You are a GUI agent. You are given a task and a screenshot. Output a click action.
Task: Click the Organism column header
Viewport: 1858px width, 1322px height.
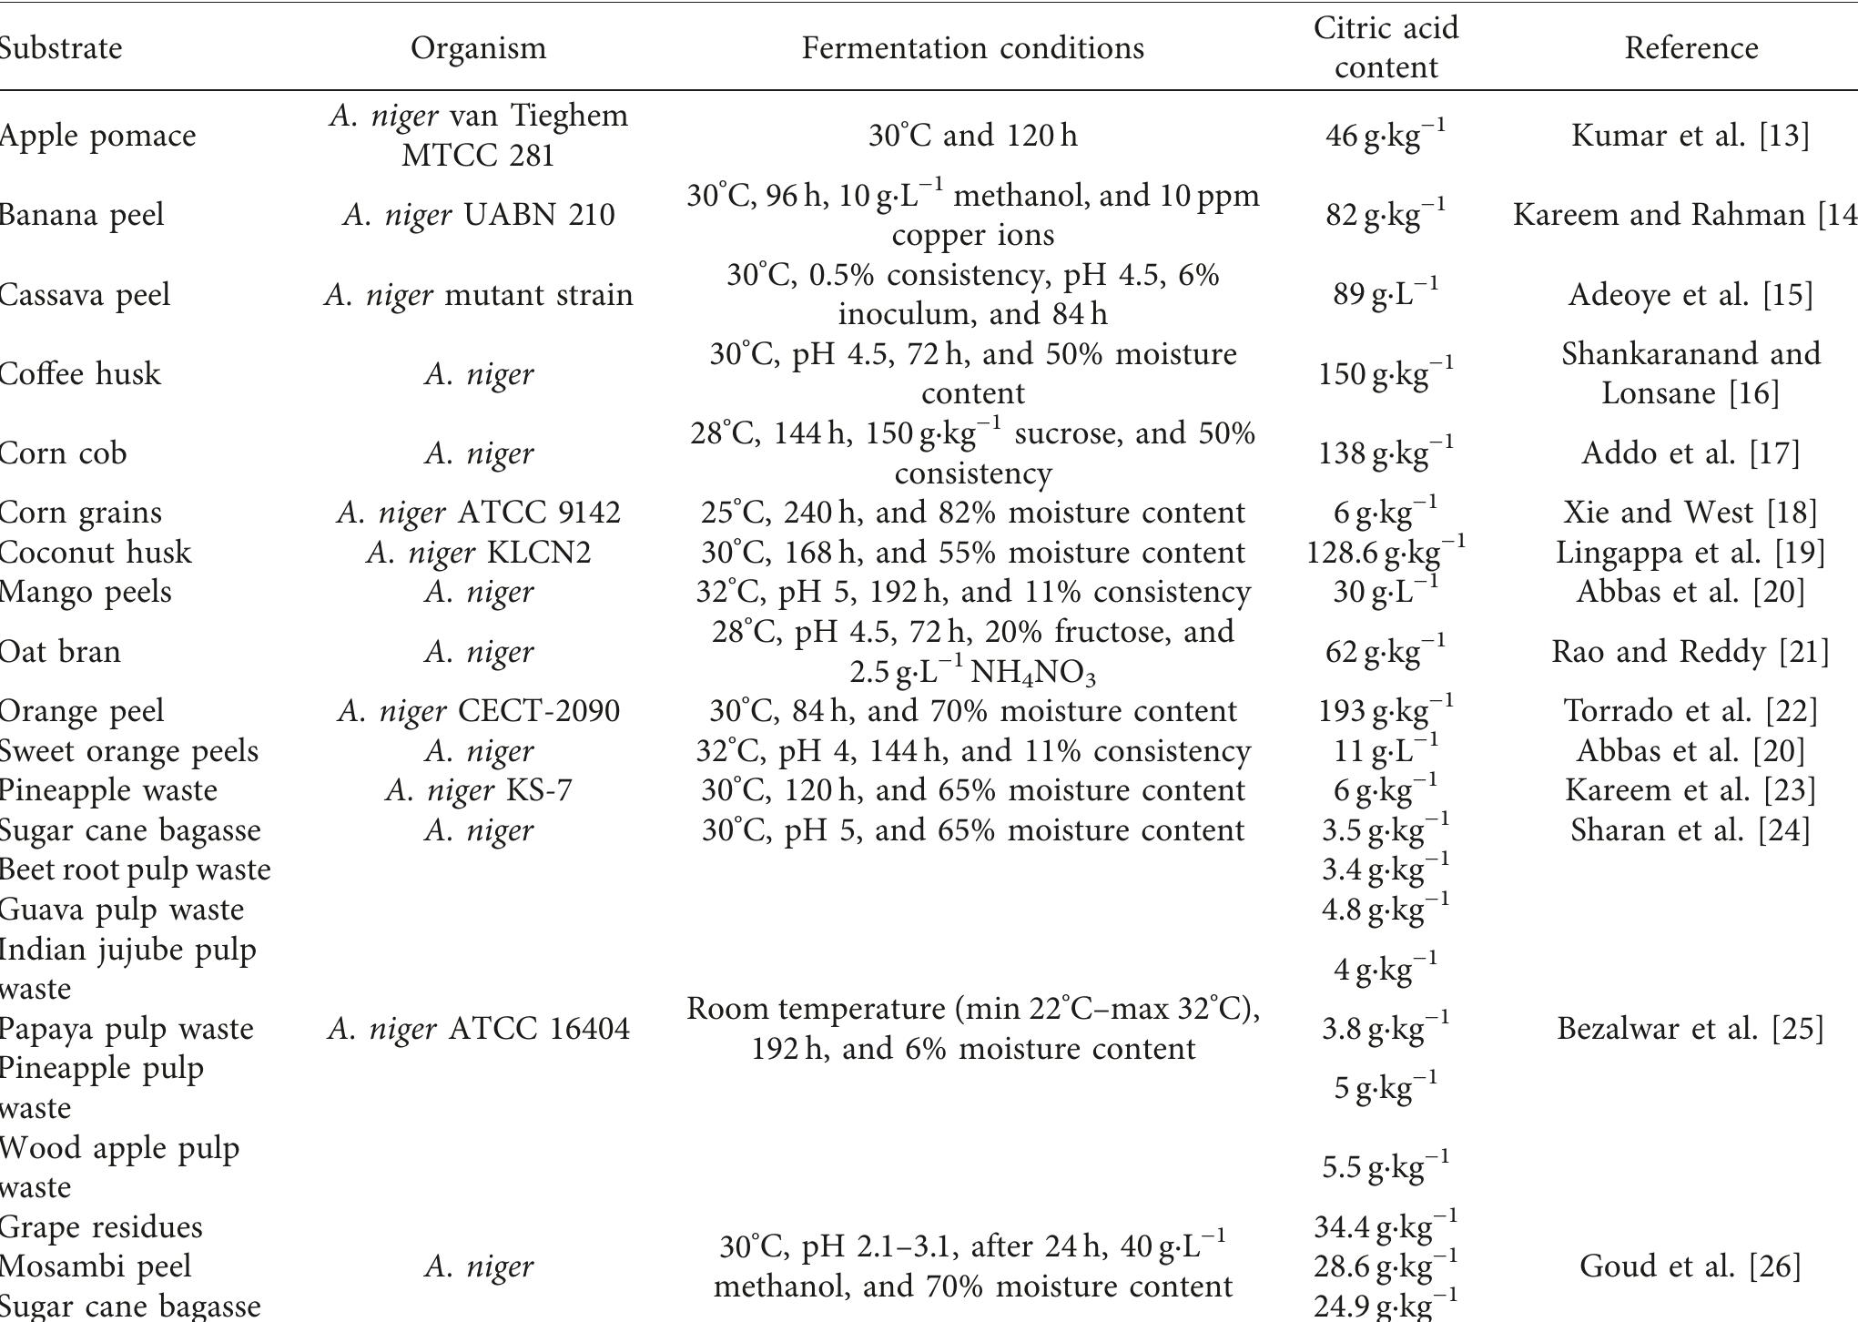(478, 47)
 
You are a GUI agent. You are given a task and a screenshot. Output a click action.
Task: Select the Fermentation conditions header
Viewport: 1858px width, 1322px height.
(972, 47)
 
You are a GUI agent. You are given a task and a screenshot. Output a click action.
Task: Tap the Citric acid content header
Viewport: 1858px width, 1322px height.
(1386, 47)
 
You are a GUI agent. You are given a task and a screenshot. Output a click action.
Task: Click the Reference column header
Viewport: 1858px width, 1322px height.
(1690, 47)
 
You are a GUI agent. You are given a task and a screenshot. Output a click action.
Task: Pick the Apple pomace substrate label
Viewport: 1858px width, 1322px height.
(97, 136)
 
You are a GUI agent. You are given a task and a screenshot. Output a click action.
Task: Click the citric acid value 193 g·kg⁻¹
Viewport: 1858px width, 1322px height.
(1386, 710)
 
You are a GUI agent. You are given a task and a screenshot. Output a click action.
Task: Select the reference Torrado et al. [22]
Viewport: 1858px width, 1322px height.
(1690, 710)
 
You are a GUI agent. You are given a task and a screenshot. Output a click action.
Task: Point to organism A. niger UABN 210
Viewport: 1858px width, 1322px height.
(478, 215)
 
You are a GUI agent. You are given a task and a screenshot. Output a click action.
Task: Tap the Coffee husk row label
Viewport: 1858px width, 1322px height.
(80, 373)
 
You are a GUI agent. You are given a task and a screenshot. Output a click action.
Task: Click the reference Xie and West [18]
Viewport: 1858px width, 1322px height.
(1690, 512)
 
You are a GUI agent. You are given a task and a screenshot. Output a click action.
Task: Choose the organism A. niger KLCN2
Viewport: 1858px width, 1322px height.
(478, 552)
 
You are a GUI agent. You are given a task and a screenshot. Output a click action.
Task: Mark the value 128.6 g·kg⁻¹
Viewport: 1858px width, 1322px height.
(1386, 552)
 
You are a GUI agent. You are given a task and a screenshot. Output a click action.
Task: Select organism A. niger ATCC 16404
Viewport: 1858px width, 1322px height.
(478, 1028)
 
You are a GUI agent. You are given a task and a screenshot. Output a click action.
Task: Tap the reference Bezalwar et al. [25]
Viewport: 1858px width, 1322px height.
(1690, 1028)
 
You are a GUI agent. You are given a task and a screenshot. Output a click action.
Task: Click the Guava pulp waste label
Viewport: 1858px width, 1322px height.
(121, 910)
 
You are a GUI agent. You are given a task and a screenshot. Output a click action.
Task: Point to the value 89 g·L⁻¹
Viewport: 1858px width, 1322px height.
(1386, 294)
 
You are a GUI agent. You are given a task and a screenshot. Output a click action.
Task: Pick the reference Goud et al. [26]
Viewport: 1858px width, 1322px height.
(1690, 1266)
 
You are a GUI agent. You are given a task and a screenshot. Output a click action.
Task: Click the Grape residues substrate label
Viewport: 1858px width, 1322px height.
(101, 1226)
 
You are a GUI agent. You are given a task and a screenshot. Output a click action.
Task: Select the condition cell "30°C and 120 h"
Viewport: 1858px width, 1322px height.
(972, 136)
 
